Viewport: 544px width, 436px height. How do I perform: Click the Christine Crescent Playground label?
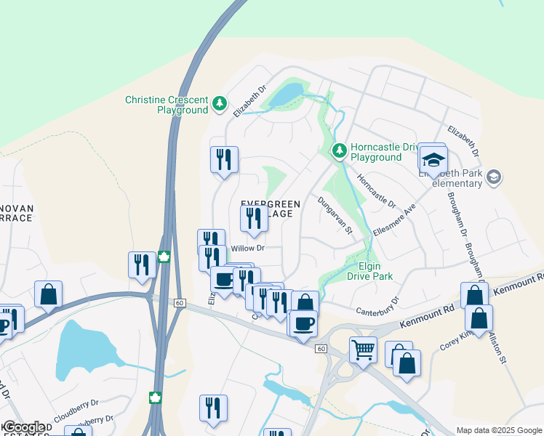[x=167, y=105]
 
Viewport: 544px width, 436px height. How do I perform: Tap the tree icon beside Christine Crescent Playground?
[x=219, y=105]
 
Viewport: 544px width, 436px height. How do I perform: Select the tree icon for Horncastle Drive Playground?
[x=339, y=151]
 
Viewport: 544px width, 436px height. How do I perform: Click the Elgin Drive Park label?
[x=369, y=271]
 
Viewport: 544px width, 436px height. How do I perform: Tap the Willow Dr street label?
[x=246, y=249]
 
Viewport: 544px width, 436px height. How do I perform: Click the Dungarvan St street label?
[x=334, y=215]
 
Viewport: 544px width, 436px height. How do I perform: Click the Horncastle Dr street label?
[x=375, y=190]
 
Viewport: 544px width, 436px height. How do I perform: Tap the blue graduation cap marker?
[x=433, y=158]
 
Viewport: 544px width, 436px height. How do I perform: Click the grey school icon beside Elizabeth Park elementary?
[x=494, y=177]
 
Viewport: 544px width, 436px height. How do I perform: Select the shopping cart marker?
[x=363, y=350]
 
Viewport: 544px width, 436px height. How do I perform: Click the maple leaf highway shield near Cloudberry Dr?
[x=154, y=397]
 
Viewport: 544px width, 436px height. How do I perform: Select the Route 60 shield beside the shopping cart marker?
[x=320, y=349]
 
